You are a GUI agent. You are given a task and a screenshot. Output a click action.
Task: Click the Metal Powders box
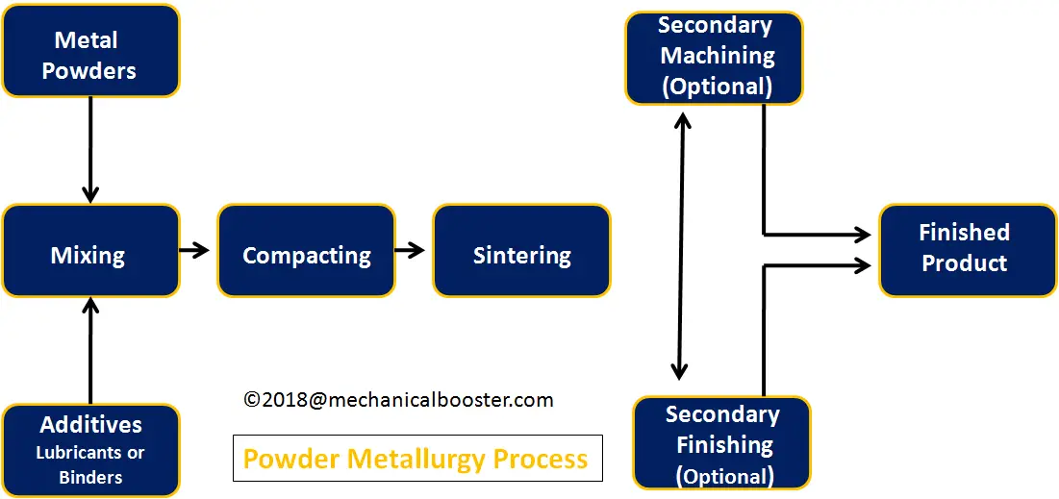point(90,51)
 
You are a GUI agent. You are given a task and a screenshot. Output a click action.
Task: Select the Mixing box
point(90,251)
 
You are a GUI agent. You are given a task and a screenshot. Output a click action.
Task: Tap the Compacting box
point(306,251)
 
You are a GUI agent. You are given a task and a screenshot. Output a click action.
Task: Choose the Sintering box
point(521,251)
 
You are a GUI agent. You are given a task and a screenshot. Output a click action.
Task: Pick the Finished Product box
point(968,250)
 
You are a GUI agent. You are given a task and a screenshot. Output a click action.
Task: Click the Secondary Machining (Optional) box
point(715,58)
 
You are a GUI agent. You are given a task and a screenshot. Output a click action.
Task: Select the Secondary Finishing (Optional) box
point(722,442)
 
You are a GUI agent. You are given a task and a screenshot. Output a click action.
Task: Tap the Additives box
point(90,450)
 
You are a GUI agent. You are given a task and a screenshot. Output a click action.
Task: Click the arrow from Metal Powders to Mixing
point(90,150)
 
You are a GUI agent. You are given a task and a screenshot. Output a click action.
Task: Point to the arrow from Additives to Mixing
point(90,350)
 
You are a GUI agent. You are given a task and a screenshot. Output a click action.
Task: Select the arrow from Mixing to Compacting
point(195,251)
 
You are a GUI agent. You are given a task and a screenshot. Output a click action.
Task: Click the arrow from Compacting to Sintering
point(410,251)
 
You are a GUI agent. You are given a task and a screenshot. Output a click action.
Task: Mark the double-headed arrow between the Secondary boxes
point(681,246)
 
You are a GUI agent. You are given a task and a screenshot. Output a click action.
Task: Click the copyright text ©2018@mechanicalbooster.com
point(398,400)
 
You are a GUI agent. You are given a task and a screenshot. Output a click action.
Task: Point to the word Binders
point(90,478)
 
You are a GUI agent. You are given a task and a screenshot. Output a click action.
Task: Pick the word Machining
point(718,56)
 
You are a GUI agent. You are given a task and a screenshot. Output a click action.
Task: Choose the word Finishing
point(724,445)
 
